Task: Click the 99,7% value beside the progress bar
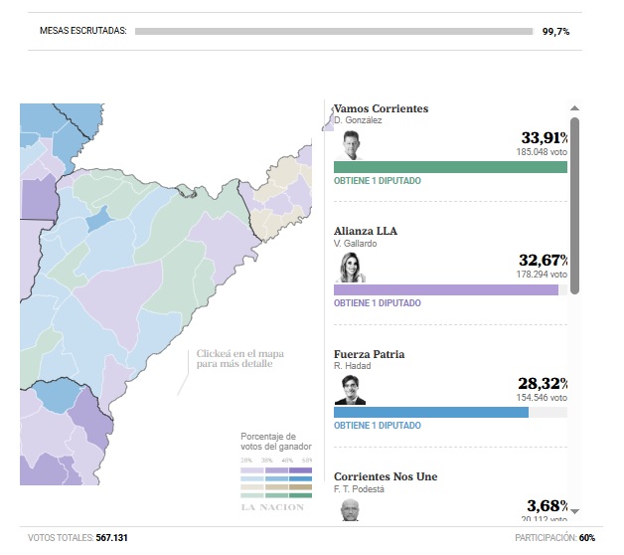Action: [x=555, y=32]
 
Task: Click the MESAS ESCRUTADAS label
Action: [x=83, y=32]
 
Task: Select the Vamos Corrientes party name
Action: [x=381, y=108]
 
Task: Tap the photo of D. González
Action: [x=350, y=145]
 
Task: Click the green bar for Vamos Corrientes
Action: [x=450, y=167]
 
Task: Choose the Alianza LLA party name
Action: [x=366, y=231]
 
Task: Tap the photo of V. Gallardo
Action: [x=350, y=268]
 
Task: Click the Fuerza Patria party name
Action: [x=370, y=354]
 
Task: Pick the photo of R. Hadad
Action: [x=350, y=390]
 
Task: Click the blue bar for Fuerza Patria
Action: [x=431, y=412]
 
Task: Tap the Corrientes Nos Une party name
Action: [x=386, y=476]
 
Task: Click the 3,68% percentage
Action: [x=546, y=506]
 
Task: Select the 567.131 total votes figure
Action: [x=111, y=538]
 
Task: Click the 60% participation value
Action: [x=587, y=538]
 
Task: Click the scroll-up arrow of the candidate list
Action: [x=574, y=107]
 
